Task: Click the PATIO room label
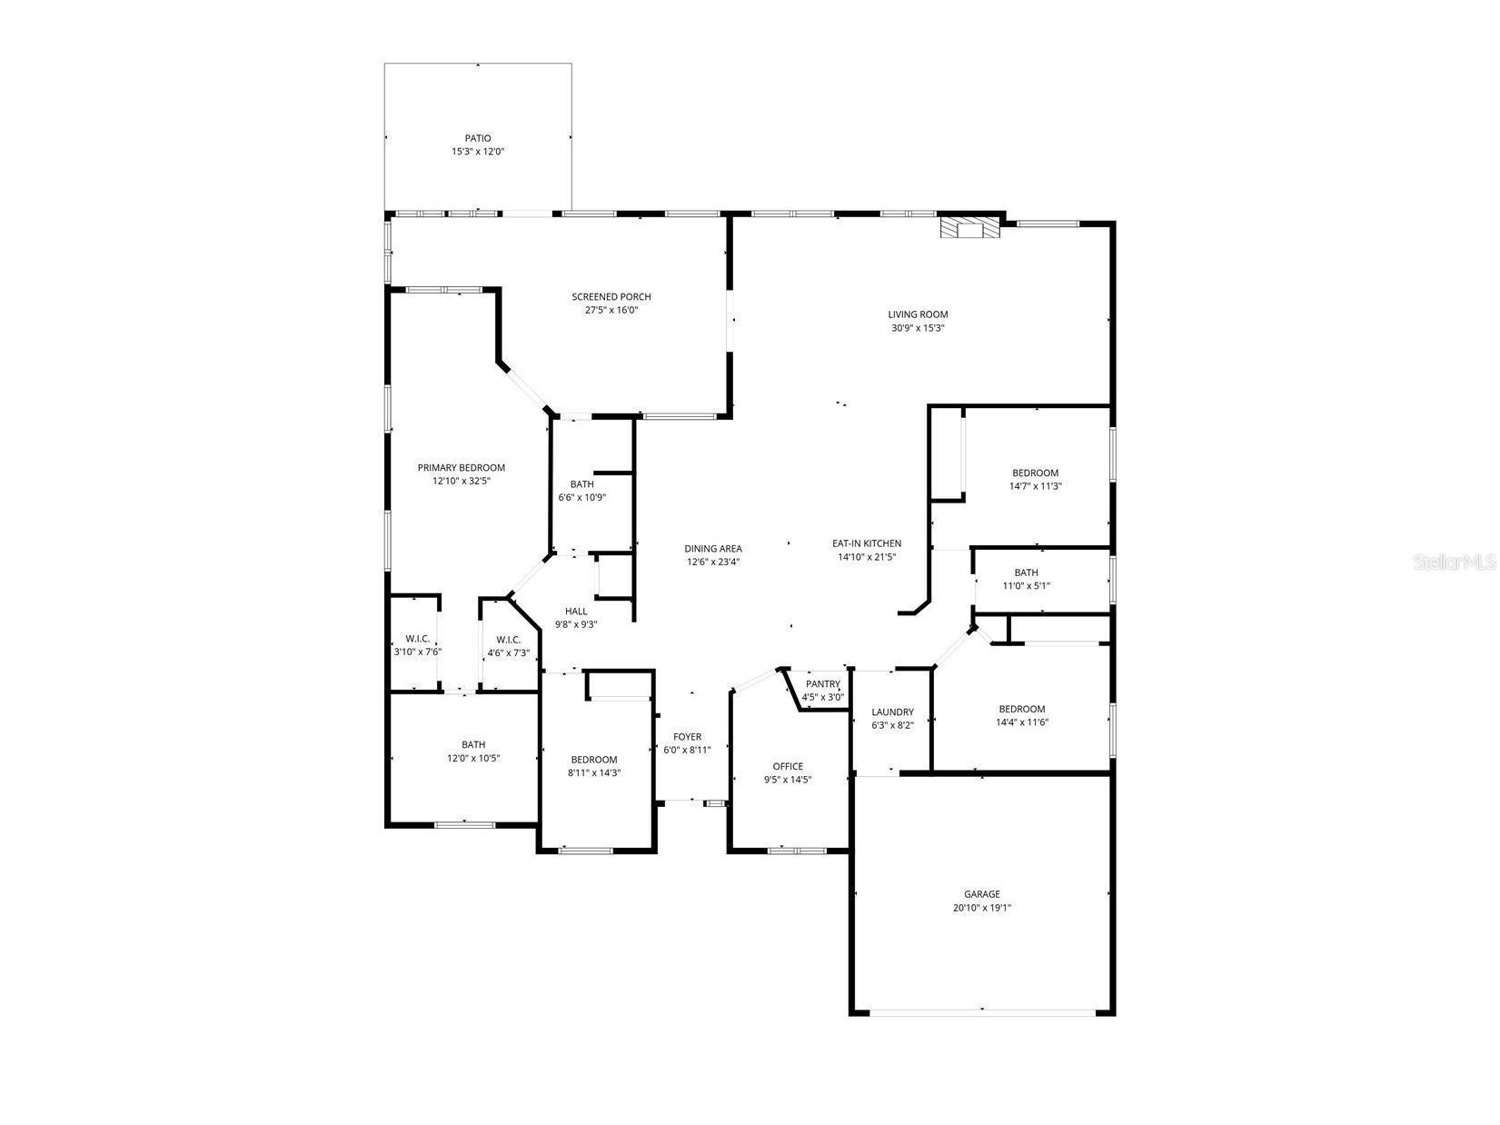(x=478, y=138)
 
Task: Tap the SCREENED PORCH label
(x=611, y=297)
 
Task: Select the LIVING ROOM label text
(x=918, y=315)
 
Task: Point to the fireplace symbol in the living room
(x=969, y=227)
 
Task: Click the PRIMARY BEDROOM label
(x=461, y=468)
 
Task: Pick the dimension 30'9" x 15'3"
(x=918, y=329)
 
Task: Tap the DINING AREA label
(x=712, y=549)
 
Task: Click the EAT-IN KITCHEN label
(x=867, y=544)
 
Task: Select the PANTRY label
(x=823, y=684)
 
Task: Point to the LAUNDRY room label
(x=892, y=712)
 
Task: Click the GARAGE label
(x=982, y=894)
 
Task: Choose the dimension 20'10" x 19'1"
(x=982, y=908)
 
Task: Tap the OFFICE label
(x=788, y=766)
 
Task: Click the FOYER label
(x=687, y=737)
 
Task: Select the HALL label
(x=576, y=612)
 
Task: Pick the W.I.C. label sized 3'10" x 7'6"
(x=417, y=639)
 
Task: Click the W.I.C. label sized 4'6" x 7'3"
(x=508, y=640)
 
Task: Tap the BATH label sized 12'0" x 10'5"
(x=472, y=745)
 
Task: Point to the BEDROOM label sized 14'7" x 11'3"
(x=1035, y=473)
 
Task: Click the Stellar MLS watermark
(x=1454, y=563)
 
